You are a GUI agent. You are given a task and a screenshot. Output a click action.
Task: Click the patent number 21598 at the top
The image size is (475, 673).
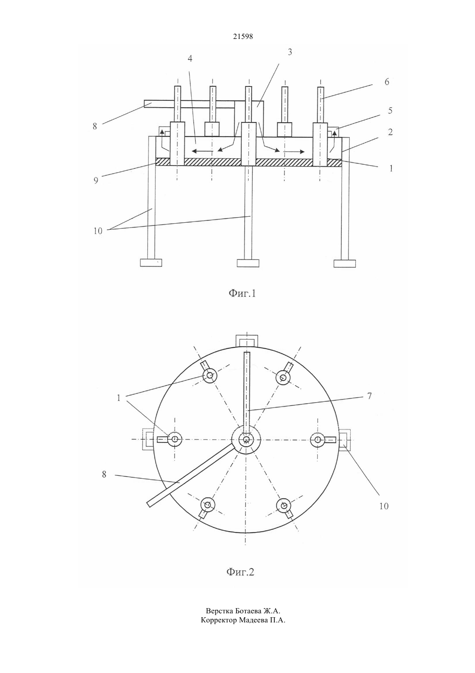point(243,37)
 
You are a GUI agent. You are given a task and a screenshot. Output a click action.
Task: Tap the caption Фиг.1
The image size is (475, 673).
point(242,293)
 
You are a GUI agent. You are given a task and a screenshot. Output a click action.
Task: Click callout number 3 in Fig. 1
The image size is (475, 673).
point(290,52)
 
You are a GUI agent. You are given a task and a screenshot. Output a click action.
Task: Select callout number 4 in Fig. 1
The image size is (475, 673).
point(190,58)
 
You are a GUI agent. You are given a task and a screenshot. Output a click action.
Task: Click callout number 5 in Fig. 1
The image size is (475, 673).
point(390,110)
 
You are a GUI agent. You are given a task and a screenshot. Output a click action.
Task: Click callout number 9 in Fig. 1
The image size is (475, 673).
point(96,180)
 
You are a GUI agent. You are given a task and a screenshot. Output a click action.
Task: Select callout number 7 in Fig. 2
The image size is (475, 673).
point(370,396)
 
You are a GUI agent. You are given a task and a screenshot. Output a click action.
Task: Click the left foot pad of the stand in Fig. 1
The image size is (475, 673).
point(151,263)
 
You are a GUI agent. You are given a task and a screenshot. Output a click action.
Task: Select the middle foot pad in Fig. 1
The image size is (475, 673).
point(248,263)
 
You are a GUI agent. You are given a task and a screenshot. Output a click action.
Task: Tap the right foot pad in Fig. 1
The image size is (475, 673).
point(345,263)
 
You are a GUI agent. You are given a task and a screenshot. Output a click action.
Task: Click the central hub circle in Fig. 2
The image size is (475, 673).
point(246,439)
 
